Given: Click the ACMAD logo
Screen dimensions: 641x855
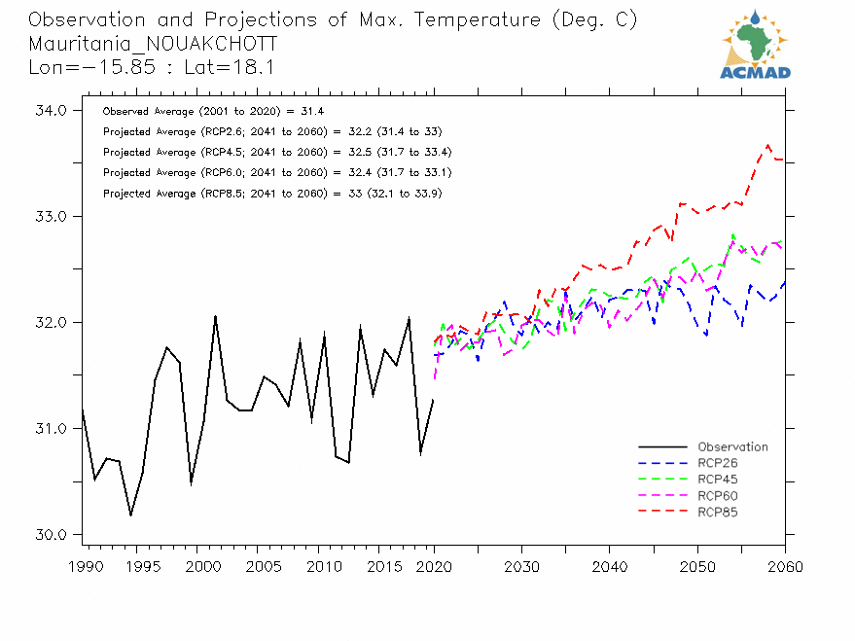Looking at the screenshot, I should [755, 44].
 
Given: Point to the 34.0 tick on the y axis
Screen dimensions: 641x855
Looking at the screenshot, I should [52, 111].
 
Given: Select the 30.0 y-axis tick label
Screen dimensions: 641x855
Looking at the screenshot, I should [52, 535].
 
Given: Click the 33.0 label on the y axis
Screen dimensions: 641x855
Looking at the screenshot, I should [52, 217].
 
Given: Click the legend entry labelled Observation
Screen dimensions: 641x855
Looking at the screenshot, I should [732, 447].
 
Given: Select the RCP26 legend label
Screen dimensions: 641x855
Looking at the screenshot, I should [719, 464].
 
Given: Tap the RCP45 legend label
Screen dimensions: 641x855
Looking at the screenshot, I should [719, 481].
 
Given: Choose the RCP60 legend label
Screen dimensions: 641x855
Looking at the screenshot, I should [719, 496].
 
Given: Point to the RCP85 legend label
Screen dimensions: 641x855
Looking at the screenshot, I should [719, 513].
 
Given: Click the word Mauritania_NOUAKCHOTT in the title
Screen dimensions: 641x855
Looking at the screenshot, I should [153, 44].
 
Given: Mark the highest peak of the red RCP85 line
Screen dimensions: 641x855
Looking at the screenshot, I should [768, 145].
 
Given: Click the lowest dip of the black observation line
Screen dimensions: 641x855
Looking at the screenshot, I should [130, 516].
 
